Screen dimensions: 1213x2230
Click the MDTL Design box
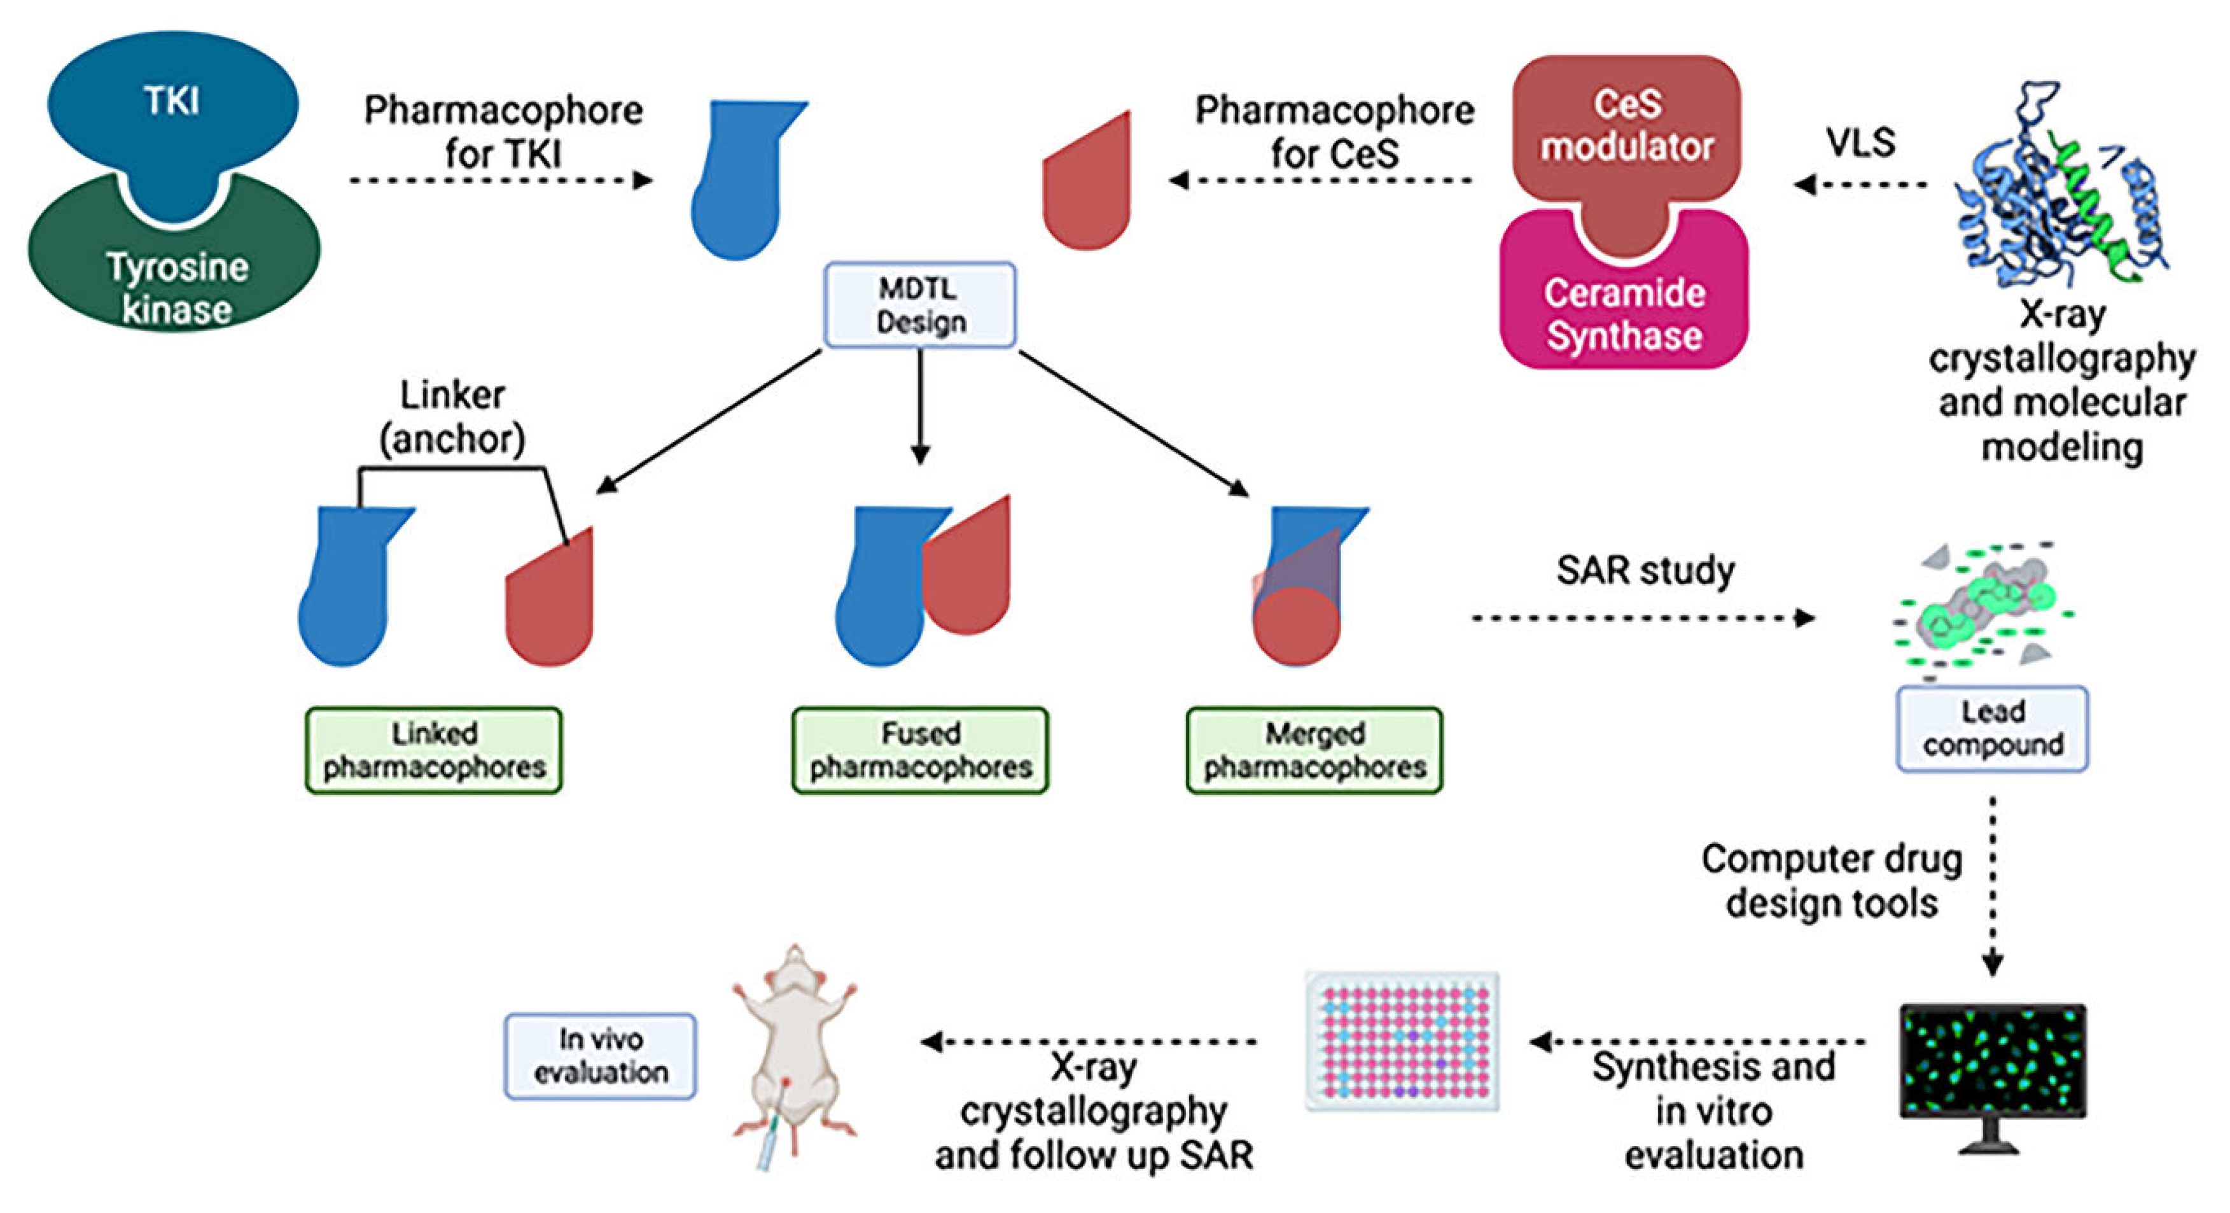coord(919,305)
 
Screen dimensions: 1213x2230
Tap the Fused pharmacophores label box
coord(919,750)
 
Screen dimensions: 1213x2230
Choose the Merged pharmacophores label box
coord(1314,750)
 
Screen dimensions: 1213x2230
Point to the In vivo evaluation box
coord(600,1055)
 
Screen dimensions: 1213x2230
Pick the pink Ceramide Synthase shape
coord(1624,312)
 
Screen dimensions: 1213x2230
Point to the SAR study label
coord(1645,571)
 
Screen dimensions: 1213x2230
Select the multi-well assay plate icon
coord(1402,1041)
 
